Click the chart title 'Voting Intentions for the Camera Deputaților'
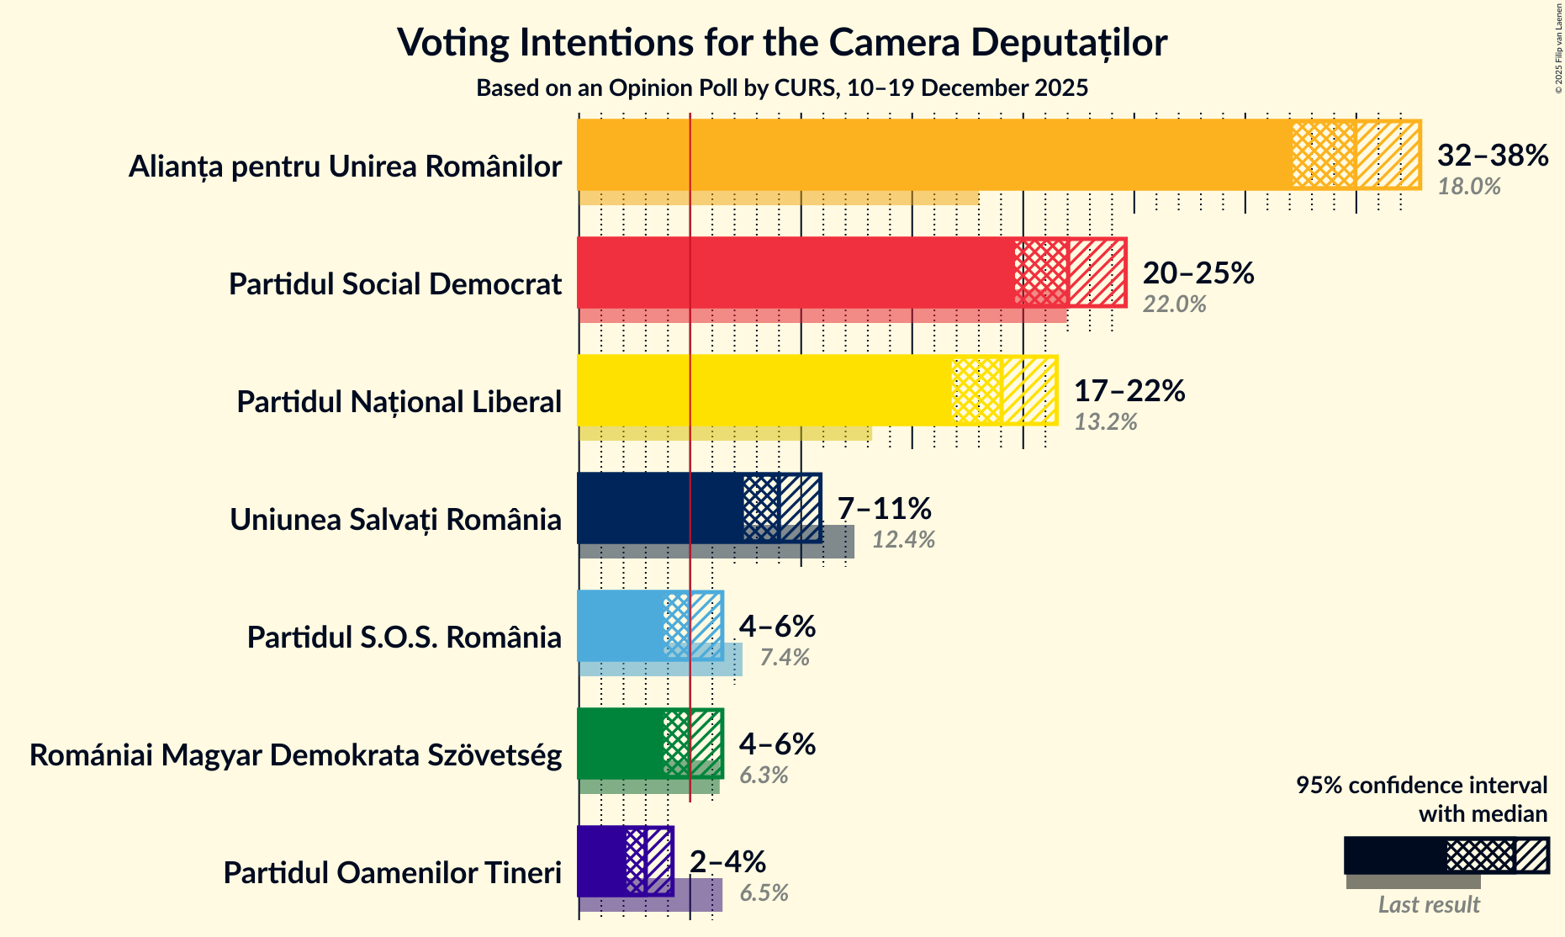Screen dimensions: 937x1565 [x=782, y=42]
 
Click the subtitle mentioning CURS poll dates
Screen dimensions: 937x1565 [x=782, y=88]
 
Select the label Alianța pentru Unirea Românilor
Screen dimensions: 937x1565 [x=345, y=167]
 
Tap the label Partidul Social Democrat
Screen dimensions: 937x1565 [x=394, y=284]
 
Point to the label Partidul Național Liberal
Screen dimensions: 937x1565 [x=399, y=402]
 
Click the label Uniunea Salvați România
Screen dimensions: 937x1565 [x=395, y=520]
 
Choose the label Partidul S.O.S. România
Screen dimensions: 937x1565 [x=404, y=638]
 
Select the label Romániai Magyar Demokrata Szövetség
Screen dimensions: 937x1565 [x=295, y=755]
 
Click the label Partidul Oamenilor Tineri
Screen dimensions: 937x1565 [x=392, y=873]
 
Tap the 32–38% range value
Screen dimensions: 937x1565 [x=1492, y=156]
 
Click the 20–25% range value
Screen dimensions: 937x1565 [x=1198, y=273]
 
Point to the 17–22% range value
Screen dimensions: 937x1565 [x=1129, y=391]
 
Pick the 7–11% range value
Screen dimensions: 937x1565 [x=884, y=509]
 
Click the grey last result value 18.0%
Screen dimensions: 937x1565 [x=1468, y=187]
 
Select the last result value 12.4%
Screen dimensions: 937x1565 [x=903, y=540]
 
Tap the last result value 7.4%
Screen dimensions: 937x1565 [x=784, y=658]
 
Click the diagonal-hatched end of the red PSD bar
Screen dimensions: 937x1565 [x=1097, y=273]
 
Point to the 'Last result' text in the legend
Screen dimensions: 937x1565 [x=1428, y=905]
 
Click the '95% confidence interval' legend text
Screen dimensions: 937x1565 [x=1420, y=786]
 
